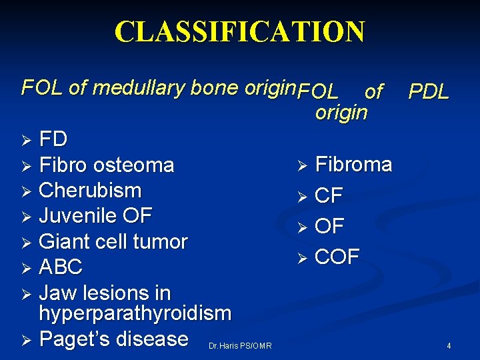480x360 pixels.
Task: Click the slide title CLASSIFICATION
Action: point(240,32)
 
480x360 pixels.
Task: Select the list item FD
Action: point(53,139)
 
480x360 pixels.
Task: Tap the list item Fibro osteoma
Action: point(107,165)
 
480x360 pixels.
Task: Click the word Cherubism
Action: point(90,190)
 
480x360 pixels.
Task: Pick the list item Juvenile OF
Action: point(95,215)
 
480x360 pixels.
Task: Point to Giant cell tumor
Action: point(113,241)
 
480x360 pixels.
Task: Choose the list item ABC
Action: point(61,267)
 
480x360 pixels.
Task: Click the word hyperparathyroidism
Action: point(135,313)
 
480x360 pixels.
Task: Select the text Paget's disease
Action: point(113,339)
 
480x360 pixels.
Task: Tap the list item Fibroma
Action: point(353,164)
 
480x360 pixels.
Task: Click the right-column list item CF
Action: point(329,196)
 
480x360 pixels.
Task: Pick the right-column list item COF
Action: point(337,256)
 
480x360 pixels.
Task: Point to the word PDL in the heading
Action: point(429,91)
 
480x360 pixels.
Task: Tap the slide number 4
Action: point(449,346)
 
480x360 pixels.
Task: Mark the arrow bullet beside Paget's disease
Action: point(26,340)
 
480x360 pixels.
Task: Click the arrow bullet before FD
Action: point(26,141)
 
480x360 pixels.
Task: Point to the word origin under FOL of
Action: point(341,112)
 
